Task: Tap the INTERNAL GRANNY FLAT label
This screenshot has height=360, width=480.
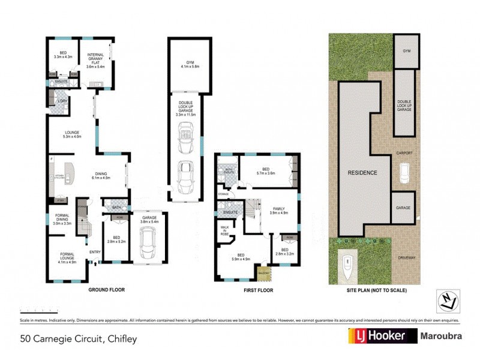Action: click(x=96, y=61)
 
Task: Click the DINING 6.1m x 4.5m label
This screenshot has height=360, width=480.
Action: click(x=101, y=175)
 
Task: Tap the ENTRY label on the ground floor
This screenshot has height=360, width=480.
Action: click(x=95, y=252)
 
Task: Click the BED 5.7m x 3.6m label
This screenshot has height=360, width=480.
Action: click(x=265, y=171)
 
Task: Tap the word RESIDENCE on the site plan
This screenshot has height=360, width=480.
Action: click(x=362, y=173)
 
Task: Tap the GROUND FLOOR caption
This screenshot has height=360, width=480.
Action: click(x=107, y=290)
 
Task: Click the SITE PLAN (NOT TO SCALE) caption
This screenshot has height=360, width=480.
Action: click(x=376, y=290)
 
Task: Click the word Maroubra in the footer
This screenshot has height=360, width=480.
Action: click(x=441, y=335)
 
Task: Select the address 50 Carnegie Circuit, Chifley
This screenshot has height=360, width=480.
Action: click(x=79, y=339)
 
